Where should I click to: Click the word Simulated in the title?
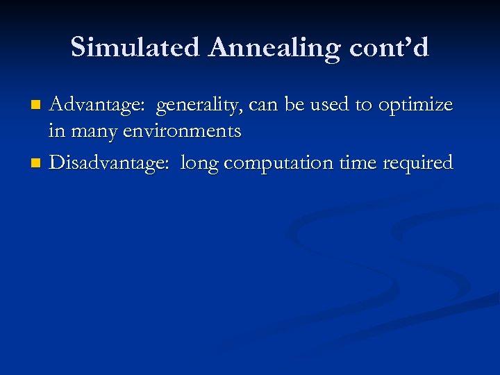(x=134, y=47)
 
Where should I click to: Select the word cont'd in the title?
(x=391, y=47)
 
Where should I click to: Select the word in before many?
(x=57, y=131)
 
